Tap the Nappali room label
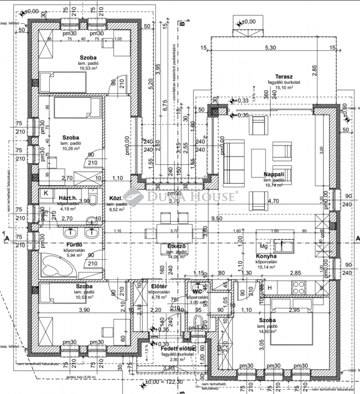pos(274,174)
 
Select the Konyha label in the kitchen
pos(266,256)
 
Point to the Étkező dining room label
pos(176,246)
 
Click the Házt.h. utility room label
pos(68,198)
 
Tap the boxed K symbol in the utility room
pos(46,193)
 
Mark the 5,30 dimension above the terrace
pos(270,48)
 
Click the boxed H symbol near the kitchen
pos(270,288)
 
